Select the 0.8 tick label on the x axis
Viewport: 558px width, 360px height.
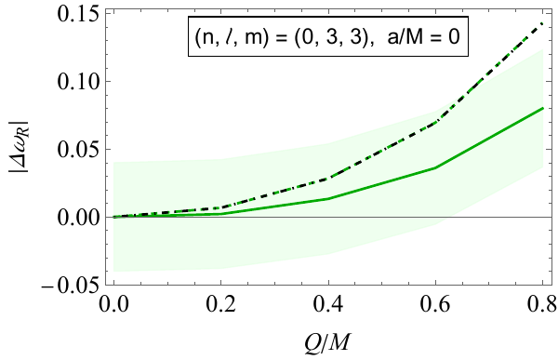(x=542, y=303)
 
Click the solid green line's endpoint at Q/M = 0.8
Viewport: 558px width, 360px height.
(x=542, y=108)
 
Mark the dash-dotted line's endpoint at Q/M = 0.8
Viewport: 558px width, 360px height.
(x=542, y=23)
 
